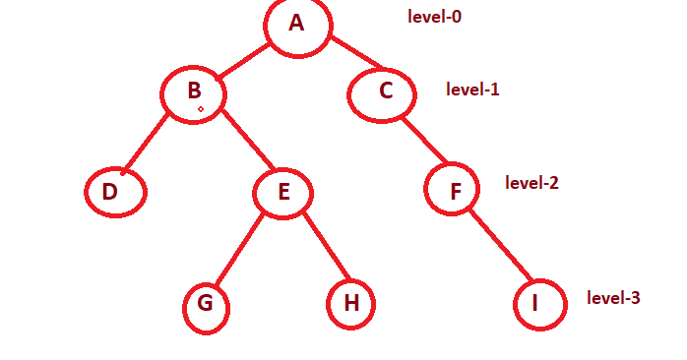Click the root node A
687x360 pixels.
(x=298, y=24)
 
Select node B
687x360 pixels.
(x=194, y=93)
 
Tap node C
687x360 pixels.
(x=385, y=92)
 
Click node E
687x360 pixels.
(x=283, y=192)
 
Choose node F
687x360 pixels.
(x=453, y=190)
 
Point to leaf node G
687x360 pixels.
(x=206, y=306)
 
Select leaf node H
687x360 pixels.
(x=350, y=304)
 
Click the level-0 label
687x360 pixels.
(x=434, y=17)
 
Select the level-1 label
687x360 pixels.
(x=472, y=90)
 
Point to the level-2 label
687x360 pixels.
(x=531, y=183)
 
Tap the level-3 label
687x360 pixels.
(x=613, y=297)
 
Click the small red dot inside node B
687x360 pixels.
(x=200, y=110)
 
